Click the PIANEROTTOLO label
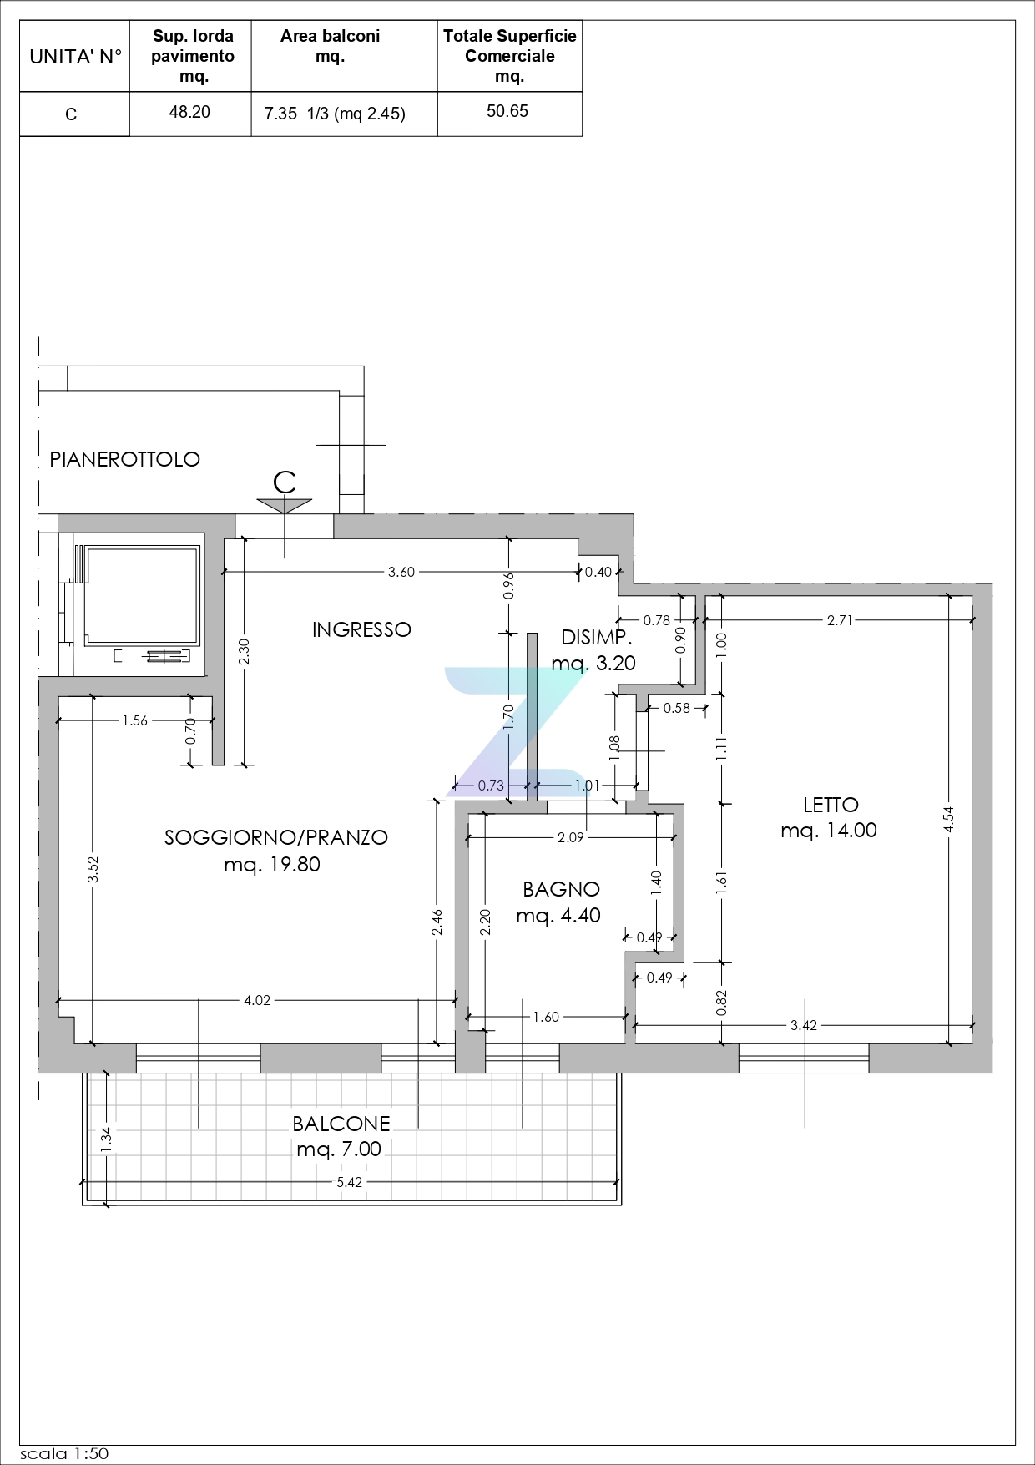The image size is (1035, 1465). coord(125,459)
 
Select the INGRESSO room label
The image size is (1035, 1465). coord(361,629)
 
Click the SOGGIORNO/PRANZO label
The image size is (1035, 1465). coord(276,837)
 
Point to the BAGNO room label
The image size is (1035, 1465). coord(561,889)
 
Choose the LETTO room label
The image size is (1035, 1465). coord(831,805)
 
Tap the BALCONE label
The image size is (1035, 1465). coord(341,1124)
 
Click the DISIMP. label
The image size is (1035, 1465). coord(596,638)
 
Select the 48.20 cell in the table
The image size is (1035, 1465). coord(189,112)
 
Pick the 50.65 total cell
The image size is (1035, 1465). coord(507,111)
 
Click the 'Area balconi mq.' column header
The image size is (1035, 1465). coord(331,46)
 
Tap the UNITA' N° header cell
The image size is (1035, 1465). coord(75,57)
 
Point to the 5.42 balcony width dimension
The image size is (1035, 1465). coord(349,1182)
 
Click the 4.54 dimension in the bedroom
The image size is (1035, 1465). coord(948,819)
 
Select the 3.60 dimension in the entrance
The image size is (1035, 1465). coord(401,572)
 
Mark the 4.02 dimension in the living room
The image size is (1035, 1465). coord(257,1000)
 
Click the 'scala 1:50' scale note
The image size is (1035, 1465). coord(64,1453)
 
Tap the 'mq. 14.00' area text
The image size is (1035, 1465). coord(829,830)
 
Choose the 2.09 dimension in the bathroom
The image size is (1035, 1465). coord(571,837)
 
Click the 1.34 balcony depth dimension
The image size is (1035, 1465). coord(106,1140)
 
